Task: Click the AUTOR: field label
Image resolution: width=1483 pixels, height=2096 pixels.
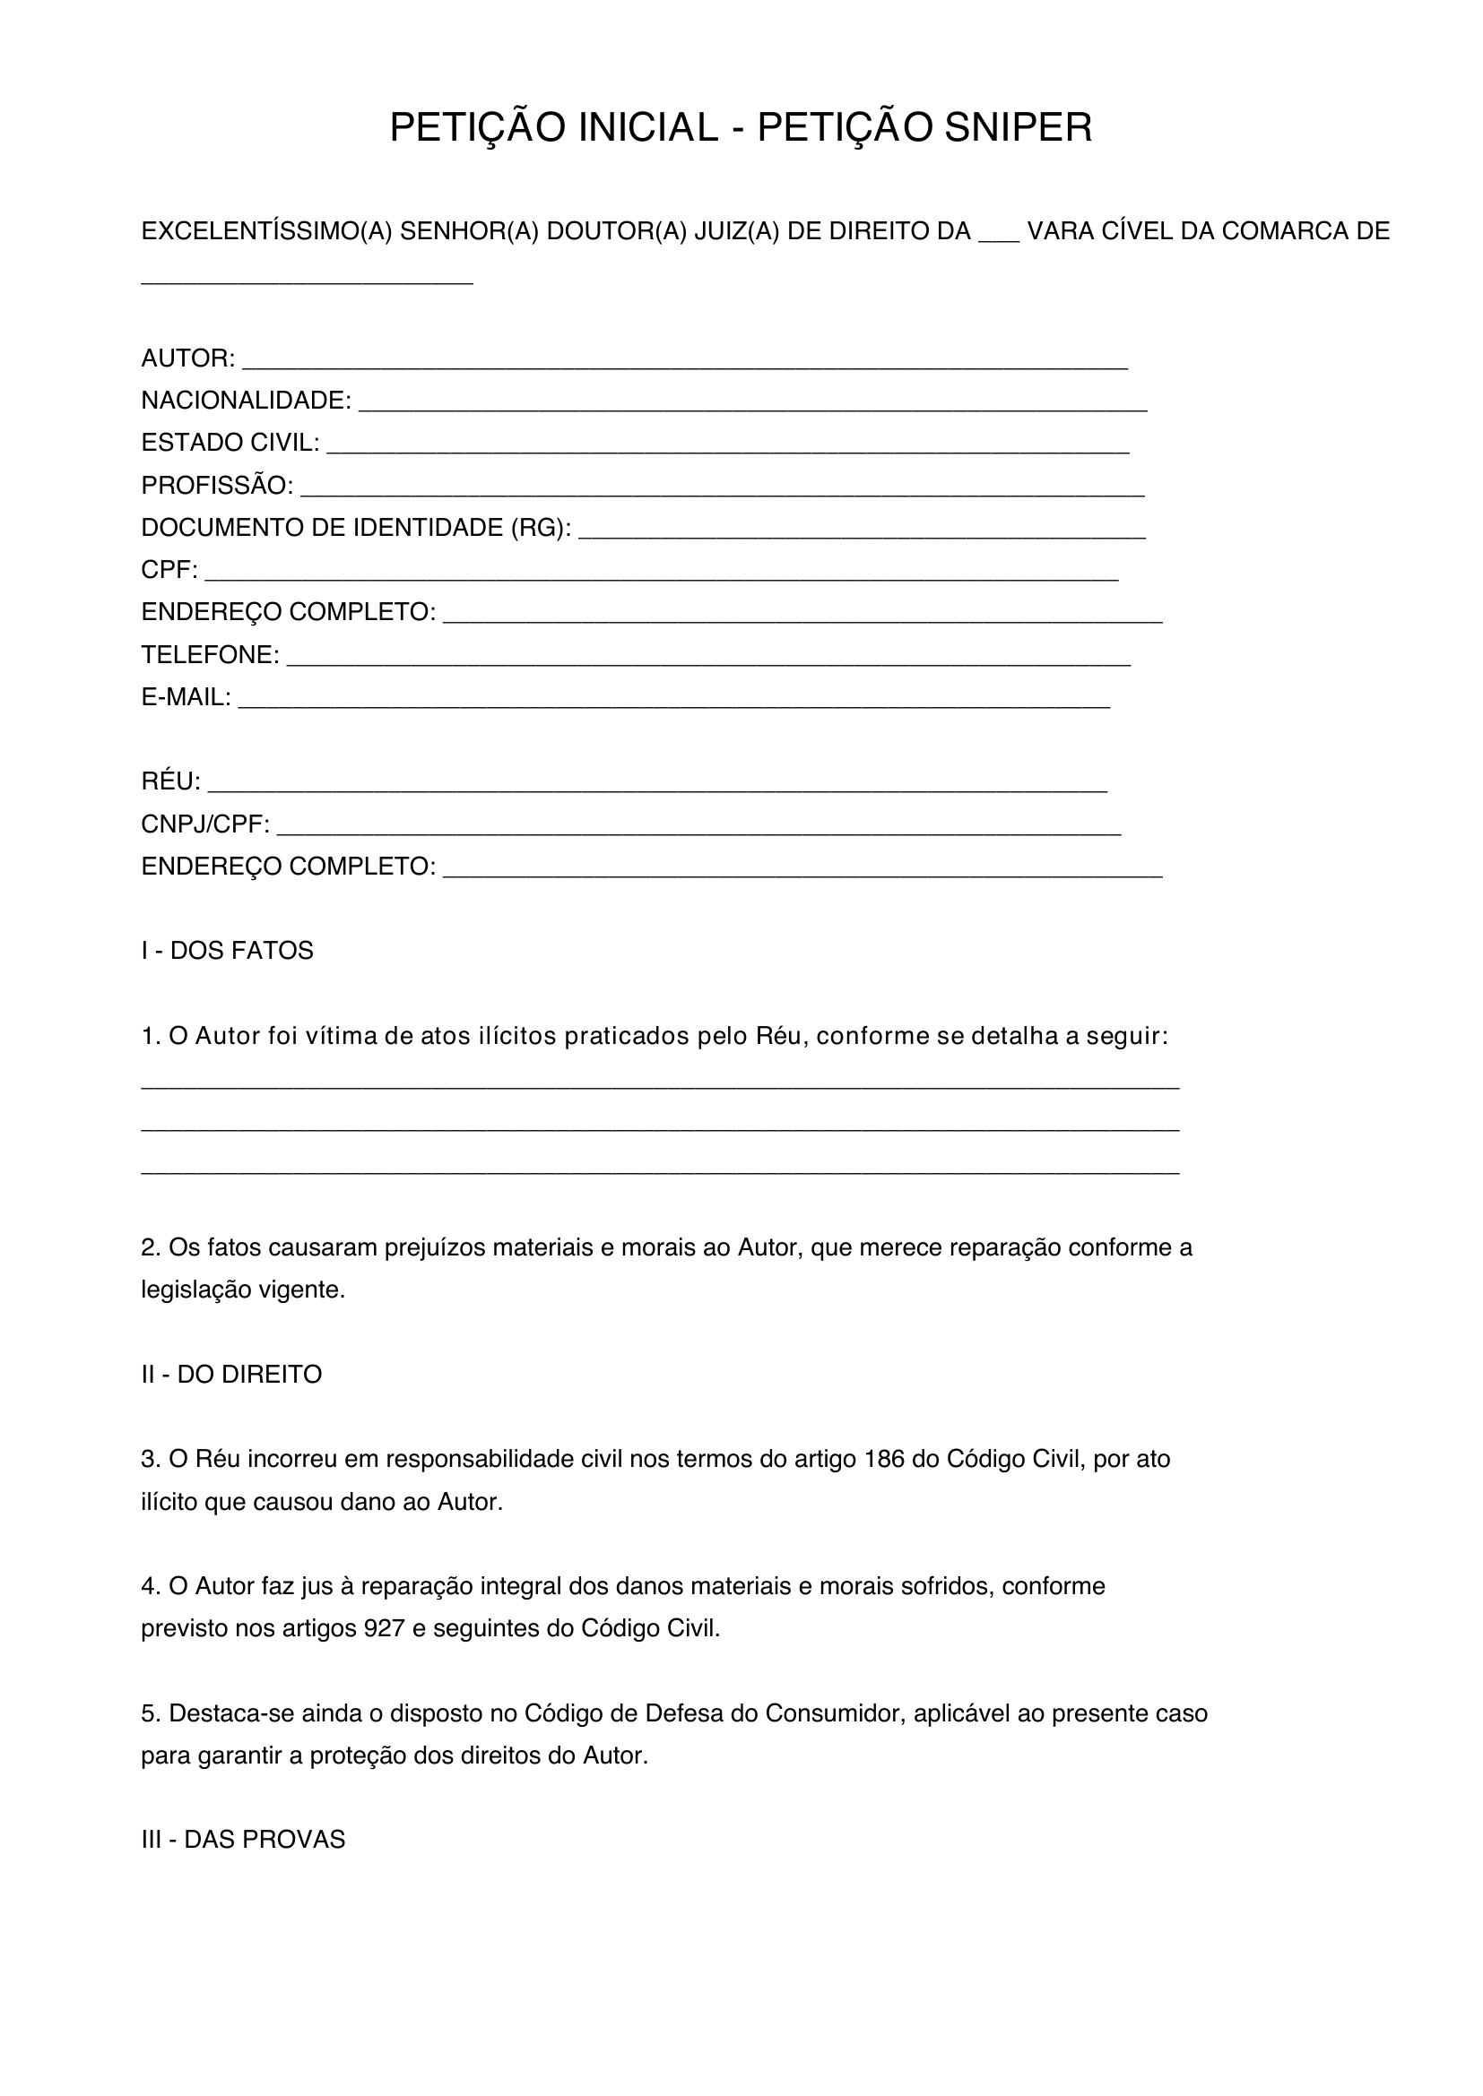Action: (x=188, y=358)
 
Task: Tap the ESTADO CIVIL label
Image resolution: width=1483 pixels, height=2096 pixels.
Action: (x=230, y=443)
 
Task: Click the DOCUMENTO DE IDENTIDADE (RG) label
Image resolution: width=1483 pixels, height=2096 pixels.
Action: (x=356, y=528)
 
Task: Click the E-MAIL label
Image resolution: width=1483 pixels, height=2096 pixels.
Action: (x=186, y=697)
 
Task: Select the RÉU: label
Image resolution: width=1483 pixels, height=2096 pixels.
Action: (x=170, y=781)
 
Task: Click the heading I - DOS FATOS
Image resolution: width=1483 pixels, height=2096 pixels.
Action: (x=228, y=952)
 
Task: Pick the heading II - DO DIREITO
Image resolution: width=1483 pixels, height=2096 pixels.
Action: (x=232, y=1375)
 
